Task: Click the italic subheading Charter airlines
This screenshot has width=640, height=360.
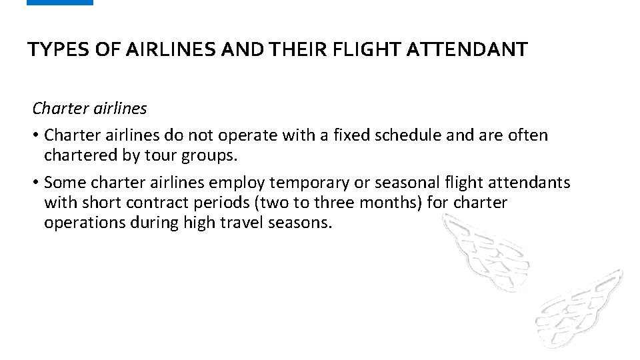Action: pos(89,108)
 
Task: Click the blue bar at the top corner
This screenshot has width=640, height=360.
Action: pos(60,3)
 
